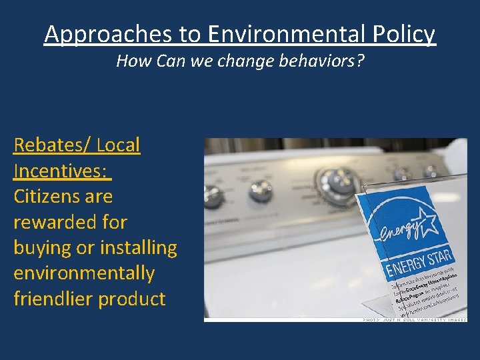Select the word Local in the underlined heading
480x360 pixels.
(118, 145)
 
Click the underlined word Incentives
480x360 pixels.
(59, 171)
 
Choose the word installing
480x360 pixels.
(139, 248)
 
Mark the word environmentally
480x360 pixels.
(84, 273)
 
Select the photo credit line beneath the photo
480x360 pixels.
(413, 320)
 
